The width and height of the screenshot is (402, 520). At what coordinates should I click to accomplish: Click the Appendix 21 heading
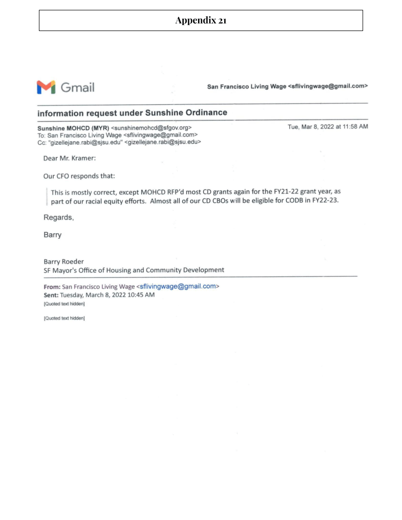tap(201, 21)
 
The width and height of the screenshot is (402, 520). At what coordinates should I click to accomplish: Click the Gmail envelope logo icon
tap(46, 87)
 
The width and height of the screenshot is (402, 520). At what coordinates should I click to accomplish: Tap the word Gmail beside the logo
tap(77, 88)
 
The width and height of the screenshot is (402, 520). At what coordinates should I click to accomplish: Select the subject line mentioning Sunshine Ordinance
tap(133, 113)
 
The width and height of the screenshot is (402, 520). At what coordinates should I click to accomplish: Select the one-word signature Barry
tap(53, 235)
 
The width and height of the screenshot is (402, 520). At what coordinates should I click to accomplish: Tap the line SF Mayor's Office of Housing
tap(134, 270)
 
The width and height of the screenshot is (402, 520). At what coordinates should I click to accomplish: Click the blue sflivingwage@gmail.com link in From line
tap(178, 287)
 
